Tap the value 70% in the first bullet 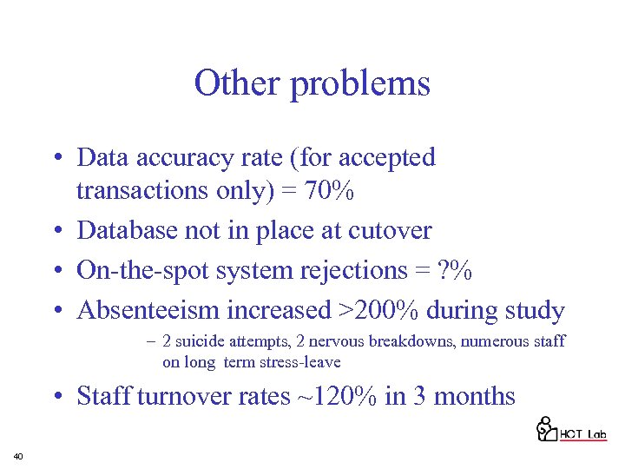pos(328,191)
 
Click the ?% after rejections pos(455,270)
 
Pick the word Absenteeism pos(148,310)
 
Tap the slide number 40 pos(18,456)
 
